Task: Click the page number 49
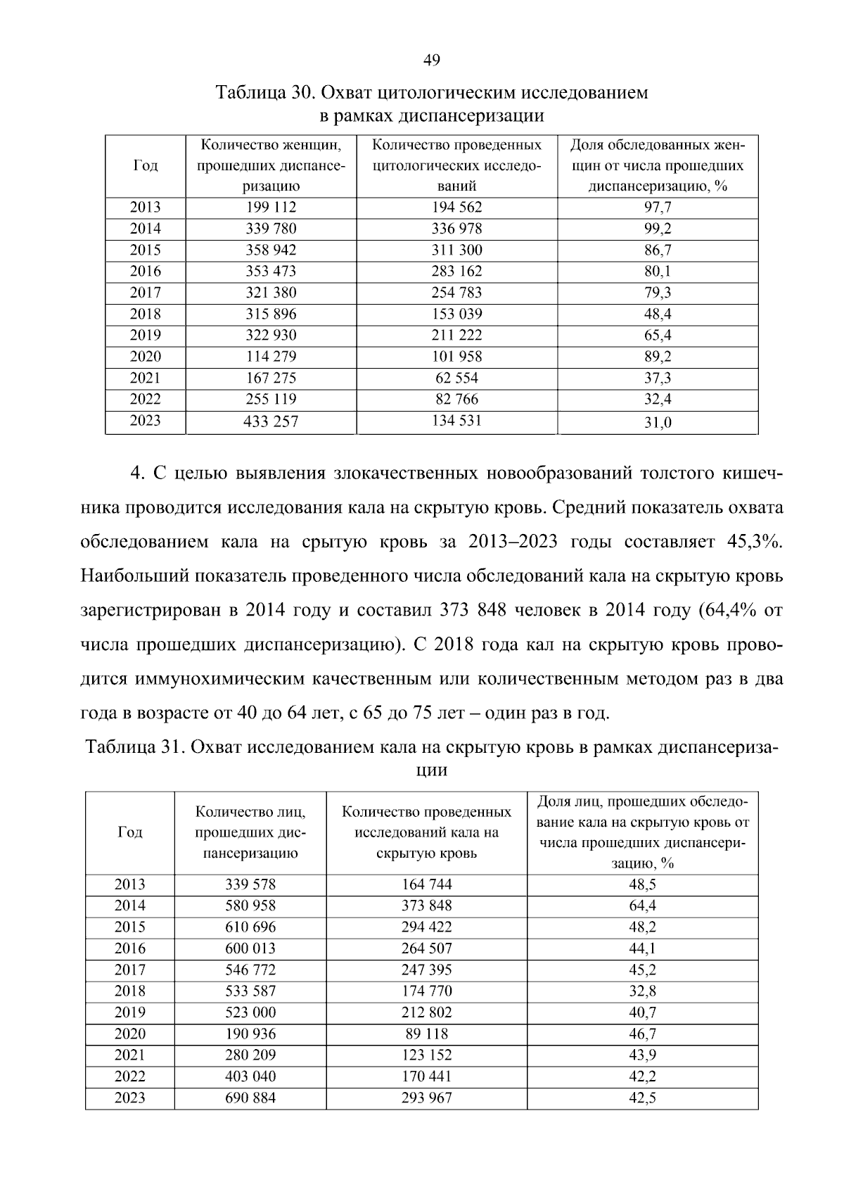[432, 61]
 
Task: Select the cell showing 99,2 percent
[658, 229]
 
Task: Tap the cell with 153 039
[456, 314]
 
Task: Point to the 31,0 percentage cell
[658, 423]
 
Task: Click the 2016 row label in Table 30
[146, 272]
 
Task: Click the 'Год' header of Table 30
[146, 166]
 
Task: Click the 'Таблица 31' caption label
[134, 747]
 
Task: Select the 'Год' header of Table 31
[130, 832]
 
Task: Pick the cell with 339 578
[250, 884]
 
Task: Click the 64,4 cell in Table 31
[642, 906]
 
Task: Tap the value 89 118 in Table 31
[426, 1034]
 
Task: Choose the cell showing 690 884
[250, 1098]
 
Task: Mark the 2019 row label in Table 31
[130, 1012]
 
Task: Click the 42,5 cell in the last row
[642, 1098]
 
